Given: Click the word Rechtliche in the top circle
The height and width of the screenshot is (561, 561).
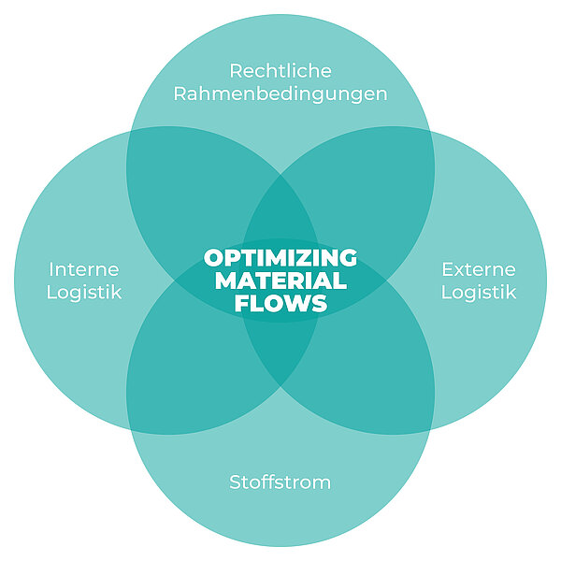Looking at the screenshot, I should (280, 71).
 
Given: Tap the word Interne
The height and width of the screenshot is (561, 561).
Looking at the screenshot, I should (84, 269).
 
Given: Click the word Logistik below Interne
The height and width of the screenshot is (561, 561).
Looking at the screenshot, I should (84, 292).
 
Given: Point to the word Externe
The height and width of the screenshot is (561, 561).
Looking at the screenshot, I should (479, 269).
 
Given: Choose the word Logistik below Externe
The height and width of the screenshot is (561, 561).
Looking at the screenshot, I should (479, 292).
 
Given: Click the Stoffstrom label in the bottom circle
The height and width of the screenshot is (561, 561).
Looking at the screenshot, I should (280, 482).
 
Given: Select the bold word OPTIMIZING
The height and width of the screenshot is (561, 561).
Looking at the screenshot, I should (280, 257).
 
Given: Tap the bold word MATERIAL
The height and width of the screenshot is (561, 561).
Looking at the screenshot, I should (280, 280).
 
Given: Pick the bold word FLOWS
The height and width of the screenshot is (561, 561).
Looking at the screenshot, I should (280, 303).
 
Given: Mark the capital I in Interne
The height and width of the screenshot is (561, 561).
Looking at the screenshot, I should (51, 269).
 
